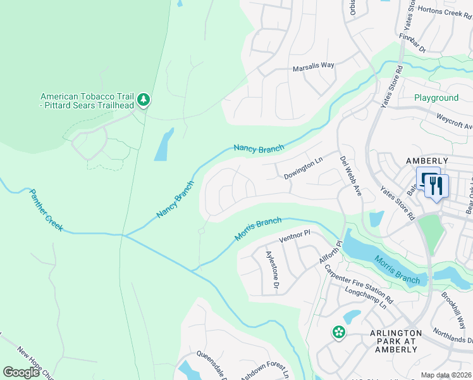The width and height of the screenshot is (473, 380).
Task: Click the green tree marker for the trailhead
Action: pyautogui.click(x=144, y=100)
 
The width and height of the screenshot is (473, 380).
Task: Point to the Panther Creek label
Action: pyautogui.click(x=46, y=210)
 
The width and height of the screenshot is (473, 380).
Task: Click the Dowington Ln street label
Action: pyautogui.click(x=303, y=168)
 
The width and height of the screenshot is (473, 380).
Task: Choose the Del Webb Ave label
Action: pyautogui.click(x=350, y=176)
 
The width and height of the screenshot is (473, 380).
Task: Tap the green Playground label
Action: pyautogui.click(x=436, y=98)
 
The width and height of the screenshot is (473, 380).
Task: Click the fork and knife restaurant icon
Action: pyautogui.click(x=437, y=186)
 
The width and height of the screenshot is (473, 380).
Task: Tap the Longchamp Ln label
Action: pyautogui.click(x=366, y=298)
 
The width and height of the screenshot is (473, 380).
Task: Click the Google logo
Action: pyautogui.click(x=21, y=372)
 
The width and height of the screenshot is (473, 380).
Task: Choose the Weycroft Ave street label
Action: pyautogui.click(x=455, y=121)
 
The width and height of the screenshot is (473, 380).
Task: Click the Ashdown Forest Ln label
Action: pyautogui.click(x=264, y=370)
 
